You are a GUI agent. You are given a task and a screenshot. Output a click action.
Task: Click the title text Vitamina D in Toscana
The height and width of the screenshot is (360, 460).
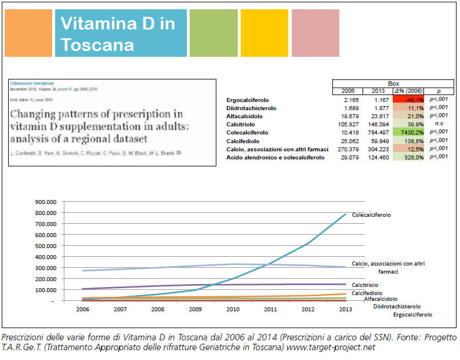[117, 34]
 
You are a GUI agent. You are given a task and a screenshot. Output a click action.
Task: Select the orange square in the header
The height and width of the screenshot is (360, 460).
[28, 33]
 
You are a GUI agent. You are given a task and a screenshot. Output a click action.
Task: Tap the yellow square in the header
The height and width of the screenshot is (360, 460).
[264, 33]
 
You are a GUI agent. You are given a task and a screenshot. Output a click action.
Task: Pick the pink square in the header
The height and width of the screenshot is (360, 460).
[315, 33]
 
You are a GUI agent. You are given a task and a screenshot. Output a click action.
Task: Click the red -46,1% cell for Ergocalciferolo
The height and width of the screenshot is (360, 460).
[408, 100]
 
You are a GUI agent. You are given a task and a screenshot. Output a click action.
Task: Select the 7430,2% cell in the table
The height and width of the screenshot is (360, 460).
[408, 132]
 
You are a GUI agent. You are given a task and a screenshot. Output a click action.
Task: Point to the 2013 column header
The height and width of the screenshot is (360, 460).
[378, 91]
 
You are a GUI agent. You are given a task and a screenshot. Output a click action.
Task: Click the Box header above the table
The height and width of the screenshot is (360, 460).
[393, 83]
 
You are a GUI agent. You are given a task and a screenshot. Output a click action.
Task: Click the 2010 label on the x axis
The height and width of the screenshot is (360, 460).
[233, 310]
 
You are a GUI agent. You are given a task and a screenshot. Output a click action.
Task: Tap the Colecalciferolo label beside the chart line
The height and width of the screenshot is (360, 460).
[371, 215]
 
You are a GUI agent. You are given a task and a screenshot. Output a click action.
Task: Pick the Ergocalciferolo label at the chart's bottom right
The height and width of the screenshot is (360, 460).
[412, 314]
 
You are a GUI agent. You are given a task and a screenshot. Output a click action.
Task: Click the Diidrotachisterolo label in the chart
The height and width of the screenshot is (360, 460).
[397, 306]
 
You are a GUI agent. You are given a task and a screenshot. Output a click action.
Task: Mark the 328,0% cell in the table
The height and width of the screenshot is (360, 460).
[408, 157]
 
